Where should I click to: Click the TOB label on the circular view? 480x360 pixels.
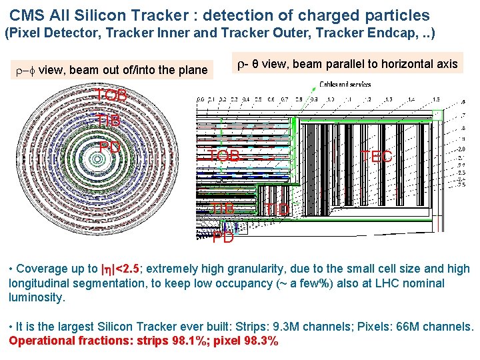(111, 96)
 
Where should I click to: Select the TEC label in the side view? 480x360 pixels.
(377, 157)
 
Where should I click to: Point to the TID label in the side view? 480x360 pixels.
(277, 210)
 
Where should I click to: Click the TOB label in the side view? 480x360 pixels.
(224, 156)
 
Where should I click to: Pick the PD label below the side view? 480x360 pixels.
(223, 237)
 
